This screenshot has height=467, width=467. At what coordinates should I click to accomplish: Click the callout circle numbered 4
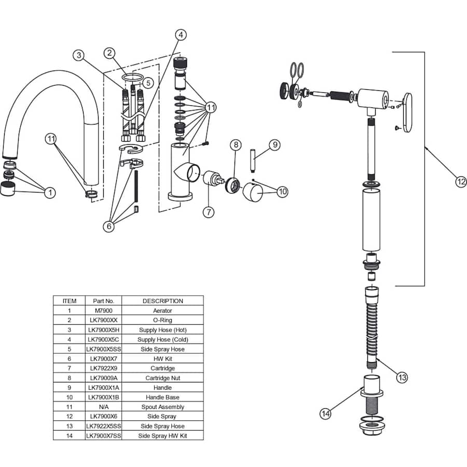click(x=181, y=35)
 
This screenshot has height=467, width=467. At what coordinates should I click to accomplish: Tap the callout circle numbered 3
click(x=79, y=55)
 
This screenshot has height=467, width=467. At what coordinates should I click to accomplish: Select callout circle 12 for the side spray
click(x=461, y=182)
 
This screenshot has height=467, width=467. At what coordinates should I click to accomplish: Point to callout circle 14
click(x=325, y=414)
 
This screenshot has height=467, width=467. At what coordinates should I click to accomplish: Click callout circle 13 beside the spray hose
click(x=402, y=377)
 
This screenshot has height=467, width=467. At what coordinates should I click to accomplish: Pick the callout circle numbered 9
click(x=275, y=145)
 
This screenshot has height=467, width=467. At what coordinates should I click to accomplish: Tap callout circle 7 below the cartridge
click(x=209, y=212)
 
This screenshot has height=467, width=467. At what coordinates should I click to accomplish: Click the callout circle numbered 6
click(x=109, y=226)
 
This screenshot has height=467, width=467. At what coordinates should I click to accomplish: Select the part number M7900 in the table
click(x=104, y=310)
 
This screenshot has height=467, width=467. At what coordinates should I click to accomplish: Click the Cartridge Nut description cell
click(x=162, y=378)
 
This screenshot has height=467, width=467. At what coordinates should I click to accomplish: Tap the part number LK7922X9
click(x=104, y=368)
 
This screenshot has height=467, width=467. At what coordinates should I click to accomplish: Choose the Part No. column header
click(x=103, y=301)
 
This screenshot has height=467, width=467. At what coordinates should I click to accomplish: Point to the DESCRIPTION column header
click(x=162, y=301)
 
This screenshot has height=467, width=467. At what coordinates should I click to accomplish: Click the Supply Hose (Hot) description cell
click(x=162, y=329)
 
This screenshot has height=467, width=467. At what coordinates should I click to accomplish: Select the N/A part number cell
click(x=104, y=406)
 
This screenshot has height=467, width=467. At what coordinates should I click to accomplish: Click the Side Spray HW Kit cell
click(x=162, y=435)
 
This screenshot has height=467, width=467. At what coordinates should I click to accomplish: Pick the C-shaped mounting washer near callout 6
click(x=131, y=148)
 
